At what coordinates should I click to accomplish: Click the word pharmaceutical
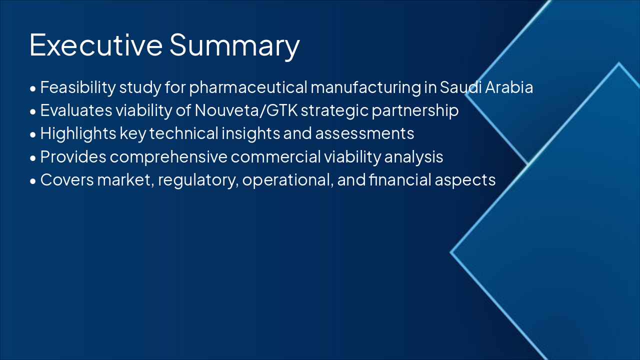click(x=248, y=87)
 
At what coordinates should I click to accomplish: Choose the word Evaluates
click(x=70, y=110)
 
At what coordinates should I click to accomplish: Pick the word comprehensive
click(x=168, y=156)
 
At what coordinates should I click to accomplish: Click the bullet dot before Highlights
click(x=33, y=134)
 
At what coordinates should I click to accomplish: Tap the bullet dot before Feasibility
click(x=33, y=88)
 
